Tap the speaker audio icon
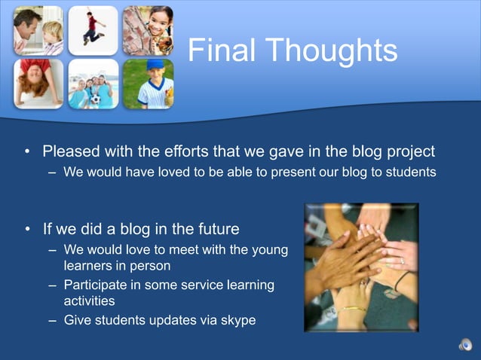(465, 346)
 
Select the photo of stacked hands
(360, 267)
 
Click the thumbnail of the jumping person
(93, 29)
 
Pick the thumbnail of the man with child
(38, 29)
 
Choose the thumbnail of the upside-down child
(38, 84)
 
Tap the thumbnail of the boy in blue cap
(148, 84)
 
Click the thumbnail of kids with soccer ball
(93, 84)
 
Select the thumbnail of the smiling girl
(148, 29)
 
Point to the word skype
(236, 320)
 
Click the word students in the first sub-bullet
(410, 172)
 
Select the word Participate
(97, 285)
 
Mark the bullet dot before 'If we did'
(27, 228)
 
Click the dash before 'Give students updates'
(53, 320)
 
